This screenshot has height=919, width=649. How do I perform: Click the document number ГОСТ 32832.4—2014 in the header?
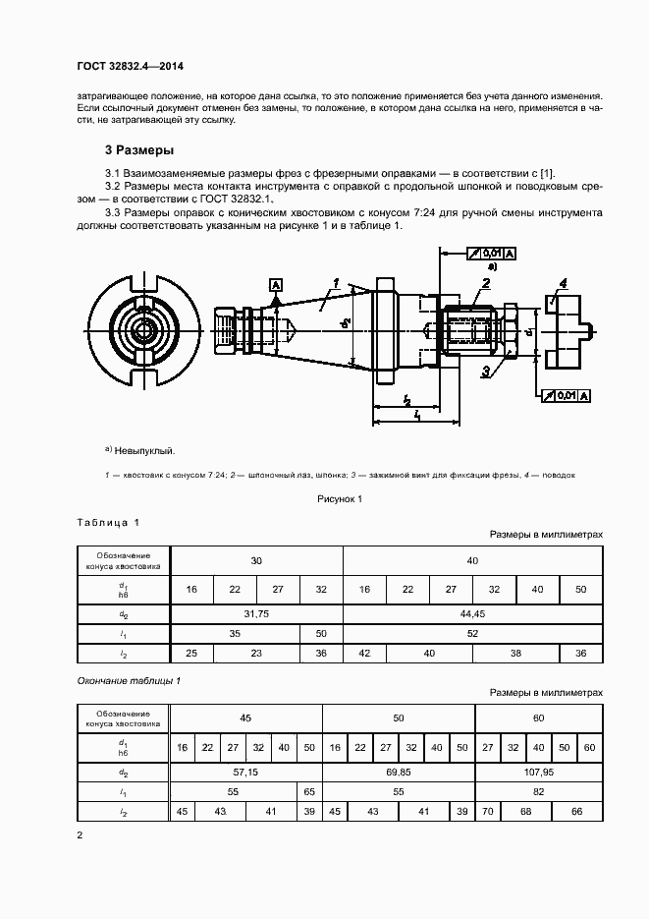[x=130, y=66]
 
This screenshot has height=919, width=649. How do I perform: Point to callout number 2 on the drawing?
[x=485, y=283]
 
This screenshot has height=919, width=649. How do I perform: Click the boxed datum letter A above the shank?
[x=276, y=285]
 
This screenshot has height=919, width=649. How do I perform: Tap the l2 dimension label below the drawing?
[x=406, y=400]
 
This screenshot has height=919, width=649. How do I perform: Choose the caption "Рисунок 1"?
[x=340, y=498]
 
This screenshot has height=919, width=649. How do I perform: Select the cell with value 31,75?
[x=256, y=614]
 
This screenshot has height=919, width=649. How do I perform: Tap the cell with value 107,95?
[x=538, y=772]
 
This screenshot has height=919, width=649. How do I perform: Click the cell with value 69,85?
[x=398, y=772]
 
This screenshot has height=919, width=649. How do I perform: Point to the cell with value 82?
[x=538, y=791]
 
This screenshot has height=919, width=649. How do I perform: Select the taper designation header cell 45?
[x=245, y=718]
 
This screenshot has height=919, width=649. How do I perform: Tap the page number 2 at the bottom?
[x=80, y=835]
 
